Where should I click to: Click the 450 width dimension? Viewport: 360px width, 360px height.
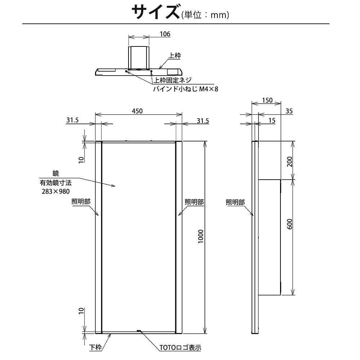(137, 111)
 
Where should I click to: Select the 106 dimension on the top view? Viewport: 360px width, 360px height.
(165, 34)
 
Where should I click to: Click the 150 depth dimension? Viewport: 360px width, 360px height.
(267, 100)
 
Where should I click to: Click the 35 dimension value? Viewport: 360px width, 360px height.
(289, 111)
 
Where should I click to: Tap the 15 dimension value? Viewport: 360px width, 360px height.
(271, 121)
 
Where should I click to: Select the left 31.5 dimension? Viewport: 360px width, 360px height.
(72, 121)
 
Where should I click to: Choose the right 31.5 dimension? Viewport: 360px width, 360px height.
(203, 121)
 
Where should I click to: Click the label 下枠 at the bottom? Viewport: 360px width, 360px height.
(95, 347)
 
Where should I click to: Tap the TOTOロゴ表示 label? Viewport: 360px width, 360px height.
(180, 348)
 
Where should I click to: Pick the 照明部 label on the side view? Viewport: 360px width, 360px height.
(235, 202)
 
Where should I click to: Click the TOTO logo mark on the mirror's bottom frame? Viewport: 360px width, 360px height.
(138, 330)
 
